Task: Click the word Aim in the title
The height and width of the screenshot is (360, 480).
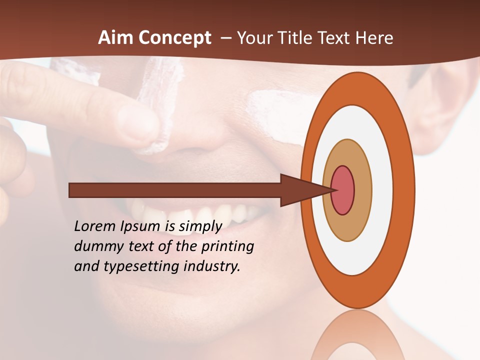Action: coord(115,38)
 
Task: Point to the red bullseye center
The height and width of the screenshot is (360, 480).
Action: coord(343,190)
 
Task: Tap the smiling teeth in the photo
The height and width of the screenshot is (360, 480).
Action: coord(200,212)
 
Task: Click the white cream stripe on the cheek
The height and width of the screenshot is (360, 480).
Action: coord(272,110)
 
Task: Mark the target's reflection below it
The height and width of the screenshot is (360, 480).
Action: coord(357,335)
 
